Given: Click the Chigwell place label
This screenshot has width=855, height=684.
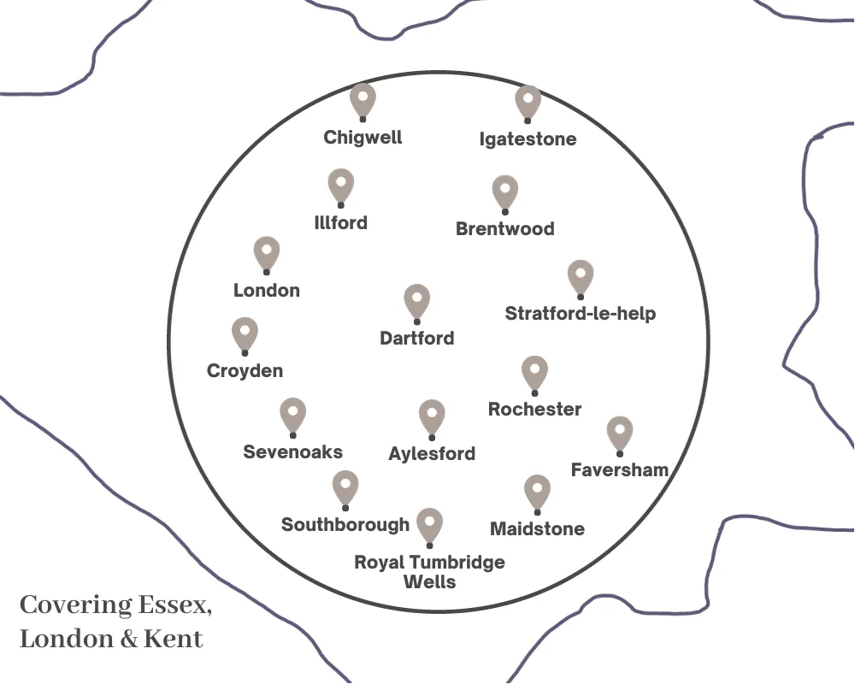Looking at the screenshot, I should click(x=363, y=137).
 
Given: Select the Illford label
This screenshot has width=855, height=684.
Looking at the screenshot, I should click(x=340, y=223).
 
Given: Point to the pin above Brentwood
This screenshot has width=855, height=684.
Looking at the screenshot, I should click(x=505, y=192).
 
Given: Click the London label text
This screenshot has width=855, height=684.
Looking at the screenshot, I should click(x=267, y=291).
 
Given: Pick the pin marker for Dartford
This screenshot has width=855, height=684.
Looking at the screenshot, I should click(x=417, y=300).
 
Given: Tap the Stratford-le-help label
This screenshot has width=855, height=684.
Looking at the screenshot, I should click(x=581, y=314).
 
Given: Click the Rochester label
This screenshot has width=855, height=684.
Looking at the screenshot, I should click(x=534, y=410).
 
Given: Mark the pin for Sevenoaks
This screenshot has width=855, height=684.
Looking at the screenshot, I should click(x=293, y=414).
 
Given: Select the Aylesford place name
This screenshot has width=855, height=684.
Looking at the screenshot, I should click(x=432, y=454).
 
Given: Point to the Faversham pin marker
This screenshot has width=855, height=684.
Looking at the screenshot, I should click(x=620, y=433).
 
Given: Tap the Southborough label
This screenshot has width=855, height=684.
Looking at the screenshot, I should click(x=345, y=524).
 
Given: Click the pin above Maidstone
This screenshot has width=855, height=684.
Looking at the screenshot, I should click(x=537, y=491).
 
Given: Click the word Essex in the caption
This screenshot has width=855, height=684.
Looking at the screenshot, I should click(x=172, y=605).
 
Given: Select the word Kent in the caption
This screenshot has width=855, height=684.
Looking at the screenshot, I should click(x=174, y=639).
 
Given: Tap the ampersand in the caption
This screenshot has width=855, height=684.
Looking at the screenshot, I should click(x=129, y=640).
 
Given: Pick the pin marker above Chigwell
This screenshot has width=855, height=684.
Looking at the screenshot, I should click(x=363, y=99).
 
